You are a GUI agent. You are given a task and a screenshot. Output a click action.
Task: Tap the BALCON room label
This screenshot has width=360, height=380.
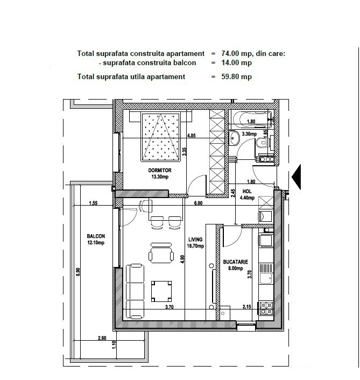[x=96, y=236]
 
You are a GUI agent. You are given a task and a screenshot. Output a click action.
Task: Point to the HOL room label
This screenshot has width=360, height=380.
[x=247, y=192]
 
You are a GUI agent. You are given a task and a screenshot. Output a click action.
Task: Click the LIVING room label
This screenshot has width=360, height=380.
[x=195, y=240]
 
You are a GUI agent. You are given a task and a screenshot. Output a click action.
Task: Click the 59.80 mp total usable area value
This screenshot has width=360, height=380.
[x=236, y=76]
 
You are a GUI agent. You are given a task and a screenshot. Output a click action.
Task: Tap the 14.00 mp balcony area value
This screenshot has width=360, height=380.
[x=236, y=63]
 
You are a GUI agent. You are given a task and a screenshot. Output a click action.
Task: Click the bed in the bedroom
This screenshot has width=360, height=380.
[x=161, y=136]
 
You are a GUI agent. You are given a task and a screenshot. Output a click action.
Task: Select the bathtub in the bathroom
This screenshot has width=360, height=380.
[x=251, y=119]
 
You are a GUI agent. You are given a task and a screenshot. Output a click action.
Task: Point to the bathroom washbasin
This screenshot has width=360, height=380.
[x=234, y=138]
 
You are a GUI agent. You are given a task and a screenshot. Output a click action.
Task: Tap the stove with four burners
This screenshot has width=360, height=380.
[x=266, y=308]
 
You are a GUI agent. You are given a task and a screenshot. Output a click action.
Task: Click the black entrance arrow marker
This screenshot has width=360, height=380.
[x=297, y=177]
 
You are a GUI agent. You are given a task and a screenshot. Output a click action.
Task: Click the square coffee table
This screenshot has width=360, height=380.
[x=161, y=291]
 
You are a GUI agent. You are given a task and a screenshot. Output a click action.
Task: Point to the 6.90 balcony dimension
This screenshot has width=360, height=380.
[x=78, y=272]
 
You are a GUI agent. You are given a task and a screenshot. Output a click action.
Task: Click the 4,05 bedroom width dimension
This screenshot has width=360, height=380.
[x=192, y=136]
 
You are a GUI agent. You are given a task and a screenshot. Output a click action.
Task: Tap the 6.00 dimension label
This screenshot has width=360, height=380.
[x=198, y=203]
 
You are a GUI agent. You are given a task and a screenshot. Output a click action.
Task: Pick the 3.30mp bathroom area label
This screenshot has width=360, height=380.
[x=249, y=133]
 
